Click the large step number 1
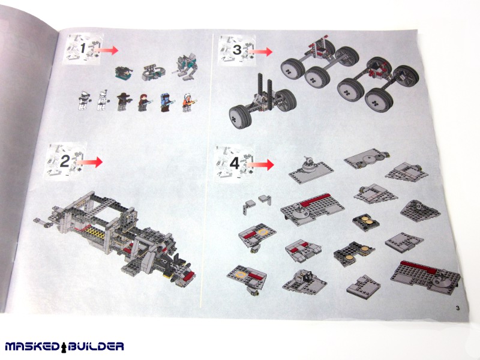tap(83, 49)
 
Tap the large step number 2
tap(65, 161)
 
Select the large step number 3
tap(237, 50)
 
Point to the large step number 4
tap(235, 163)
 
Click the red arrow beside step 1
tap(106, 50)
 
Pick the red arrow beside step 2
tap(89, 162)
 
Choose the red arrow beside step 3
tap(260, 52)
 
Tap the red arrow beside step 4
tap(260, 164)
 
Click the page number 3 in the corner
tap(458, 308)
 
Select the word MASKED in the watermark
tap(32, 347)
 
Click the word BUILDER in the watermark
tap(96, 347)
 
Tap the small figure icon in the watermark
tap(64, 346)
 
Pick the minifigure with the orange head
tap(189, 103)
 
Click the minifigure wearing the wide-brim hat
tap(124, 101)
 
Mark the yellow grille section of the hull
tap(97, 233)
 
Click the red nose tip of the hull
tap(187, 275)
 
